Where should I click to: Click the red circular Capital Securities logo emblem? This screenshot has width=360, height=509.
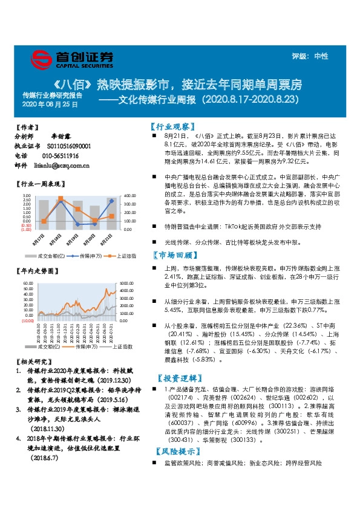pyautogui.click(x=42, y=59)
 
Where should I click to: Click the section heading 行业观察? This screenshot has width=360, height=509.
pyautogui.click(x=172, y=128)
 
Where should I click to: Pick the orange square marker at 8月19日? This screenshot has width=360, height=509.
pyautogui.click(x=77, y=209)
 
